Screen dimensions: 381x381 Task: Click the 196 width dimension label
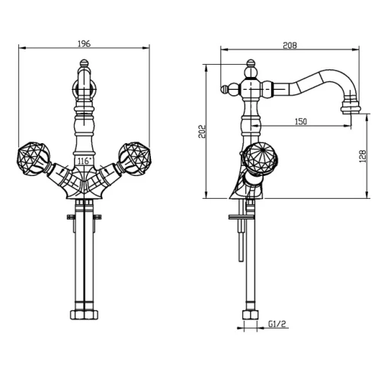(84, 43)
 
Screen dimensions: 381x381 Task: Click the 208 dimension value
(290, 45)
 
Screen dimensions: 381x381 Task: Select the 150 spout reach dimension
(301, 122)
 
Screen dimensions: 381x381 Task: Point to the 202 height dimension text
(202, 131)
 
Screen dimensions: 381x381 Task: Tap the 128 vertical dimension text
(363, 156)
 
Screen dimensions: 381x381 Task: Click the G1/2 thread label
(277, 324)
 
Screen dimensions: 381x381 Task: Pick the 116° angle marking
(84, 161)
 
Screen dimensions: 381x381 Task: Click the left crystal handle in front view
(34, 158)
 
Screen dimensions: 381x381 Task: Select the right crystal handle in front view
(135, 158)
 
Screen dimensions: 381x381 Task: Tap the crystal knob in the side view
(259, 158)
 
